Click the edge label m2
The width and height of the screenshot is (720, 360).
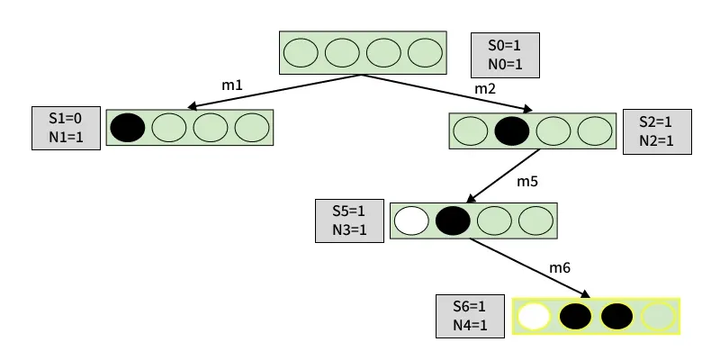(485, 89)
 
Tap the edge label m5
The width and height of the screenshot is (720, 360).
(526, 182)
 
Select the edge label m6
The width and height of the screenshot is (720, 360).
(560, 269)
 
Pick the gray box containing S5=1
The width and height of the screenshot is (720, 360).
(347, 220)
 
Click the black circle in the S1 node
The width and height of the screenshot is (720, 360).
(128, 128)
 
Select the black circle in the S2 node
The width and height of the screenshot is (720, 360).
(511, 130)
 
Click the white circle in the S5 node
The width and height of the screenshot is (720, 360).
(411, 220)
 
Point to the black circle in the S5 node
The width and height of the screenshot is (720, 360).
(453, 220)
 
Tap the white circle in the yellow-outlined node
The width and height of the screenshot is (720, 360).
(534, 317)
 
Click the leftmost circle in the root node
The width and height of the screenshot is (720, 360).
(301, 53)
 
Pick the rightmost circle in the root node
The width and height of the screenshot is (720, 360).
(425, 53)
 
